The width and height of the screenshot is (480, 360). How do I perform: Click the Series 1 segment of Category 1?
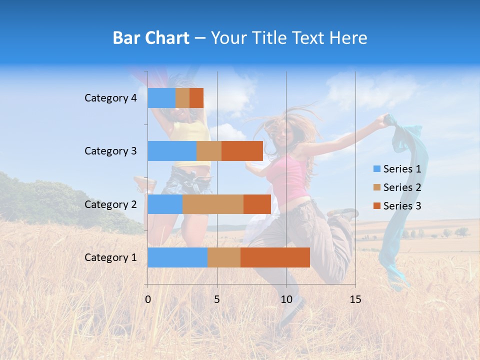point(177,257)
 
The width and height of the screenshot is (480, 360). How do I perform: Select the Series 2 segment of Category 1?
point(224,257)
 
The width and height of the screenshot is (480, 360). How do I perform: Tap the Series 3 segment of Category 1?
point(275,257)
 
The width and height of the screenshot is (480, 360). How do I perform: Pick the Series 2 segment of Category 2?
point(213,204)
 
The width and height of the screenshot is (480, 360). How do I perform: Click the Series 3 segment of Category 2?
point(257,204)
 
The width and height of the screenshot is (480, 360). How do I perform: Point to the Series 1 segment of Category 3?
point(172,151)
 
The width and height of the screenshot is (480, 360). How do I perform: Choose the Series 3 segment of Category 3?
point(242,151)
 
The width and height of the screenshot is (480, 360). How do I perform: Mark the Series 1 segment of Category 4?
point(161,98)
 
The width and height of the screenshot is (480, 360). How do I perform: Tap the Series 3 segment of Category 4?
point(196,98)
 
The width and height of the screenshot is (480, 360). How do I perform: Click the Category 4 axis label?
point(110,98)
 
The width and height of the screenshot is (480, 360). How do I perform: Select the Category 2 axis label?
point(110,204)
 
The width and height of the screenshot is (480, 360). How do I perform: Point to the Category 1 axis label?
point(110,257)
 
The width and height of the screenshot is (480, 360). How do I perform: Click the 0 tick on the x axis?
point(148,299)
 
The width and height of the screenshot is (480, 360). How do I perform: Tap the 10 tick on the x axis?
point(286,299)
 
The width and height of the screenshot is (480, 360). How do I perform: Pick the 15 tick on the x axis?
point(355,299)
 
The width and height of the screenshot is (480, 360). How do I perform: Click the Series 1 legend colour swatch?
point(377,169)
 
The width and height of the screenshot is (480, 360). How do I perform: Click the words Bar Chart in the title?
point(151,38)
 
